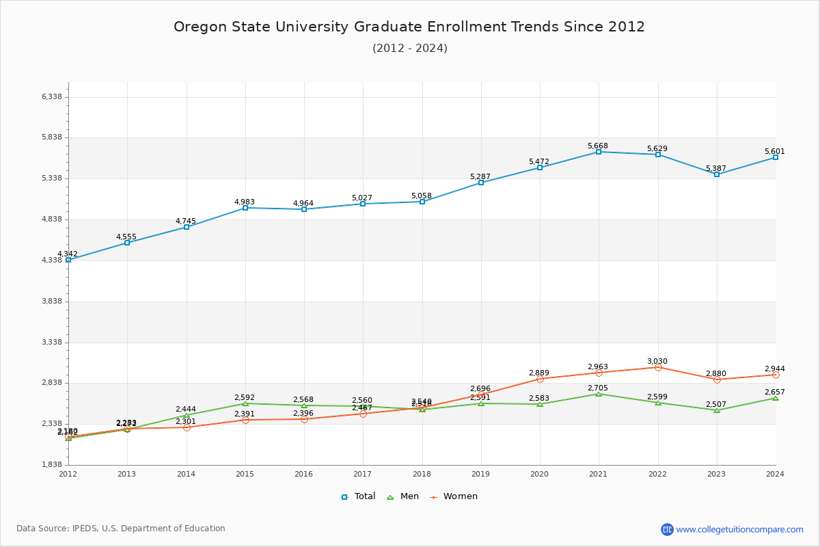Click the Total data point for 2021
tap(599, 152)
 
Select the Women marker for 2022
tap(658, 368)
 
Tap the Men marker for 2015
tap(245, 403)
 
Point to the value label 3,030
tap(657, 362)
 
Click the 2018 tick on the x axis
tap(422, 473)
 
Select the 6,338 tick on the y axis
tap(52, 96)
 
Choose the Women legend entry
tap(454, 496)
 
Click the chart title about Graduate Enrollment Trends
tap(409, 27)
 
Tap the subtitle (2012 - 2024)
tap(409, 49)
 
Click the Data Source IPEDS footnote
tap(121, 529)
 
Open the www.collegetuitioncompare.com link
tap(739, 529)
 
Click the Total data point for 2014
tap(187, 227)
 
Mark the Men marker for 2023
tap(717, 410)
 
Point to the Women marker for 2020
tap(540, 379)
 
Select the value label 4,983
tap(245, 202)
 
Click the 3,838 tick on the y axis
tap(52, 302)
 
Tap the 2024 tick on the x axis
tap(775, 473)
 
